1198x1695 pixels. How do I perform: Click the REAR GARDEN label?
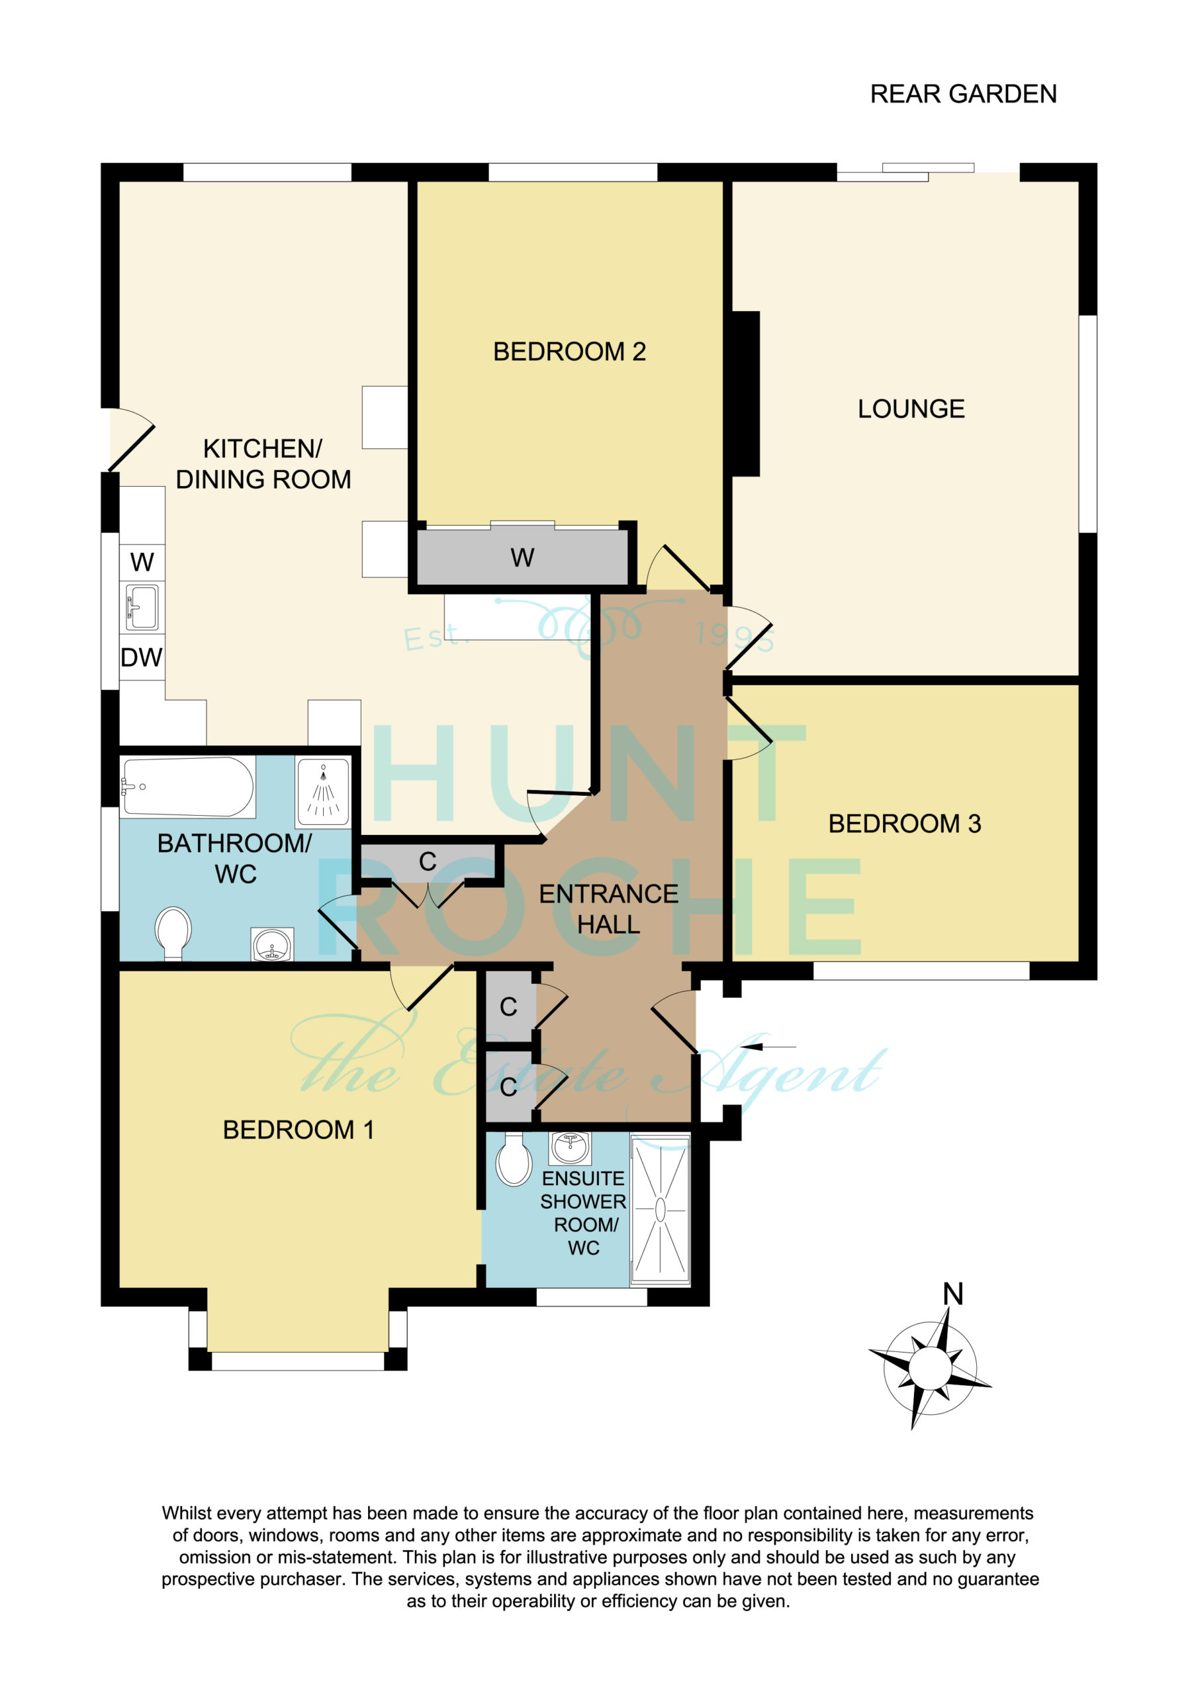point(963,95)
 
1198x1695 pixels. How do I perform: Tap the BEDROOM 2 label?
point(569,352)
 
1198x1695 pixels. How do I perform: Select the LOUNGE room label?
point(911,409)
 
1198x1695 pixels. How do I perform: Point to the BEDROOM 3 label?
point(904,824)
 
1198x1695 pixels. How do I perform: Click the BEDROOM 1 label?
point(299,1130)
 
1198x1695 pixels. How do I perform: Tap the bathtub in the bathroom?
point(187,787)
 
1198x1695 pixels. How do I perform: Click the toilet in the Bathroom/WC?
point(173,933)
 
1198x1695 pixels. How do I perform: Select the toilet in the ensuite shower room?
point(514,1158)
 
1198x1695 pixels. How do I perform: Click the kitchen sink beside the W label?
point(142,608)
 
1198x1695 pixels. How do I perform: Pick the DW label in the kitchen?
point(141,657)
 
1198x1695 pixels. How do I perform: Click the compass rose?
point(929,1368)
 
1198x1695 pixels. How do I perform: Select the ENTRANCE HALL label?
point(608,909)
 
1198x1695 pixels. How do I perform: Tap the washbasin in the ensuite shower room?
point(570,1147)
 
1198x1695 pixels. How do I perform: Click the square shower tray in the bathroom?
point(322,791)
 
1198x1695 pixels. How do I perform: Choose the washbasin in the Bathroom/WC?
point(273,944)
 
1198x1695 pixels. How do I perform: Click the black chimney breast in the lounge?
point(745,393)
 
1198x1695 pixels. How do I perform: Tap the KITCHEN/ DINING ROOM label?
point(263,464)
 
